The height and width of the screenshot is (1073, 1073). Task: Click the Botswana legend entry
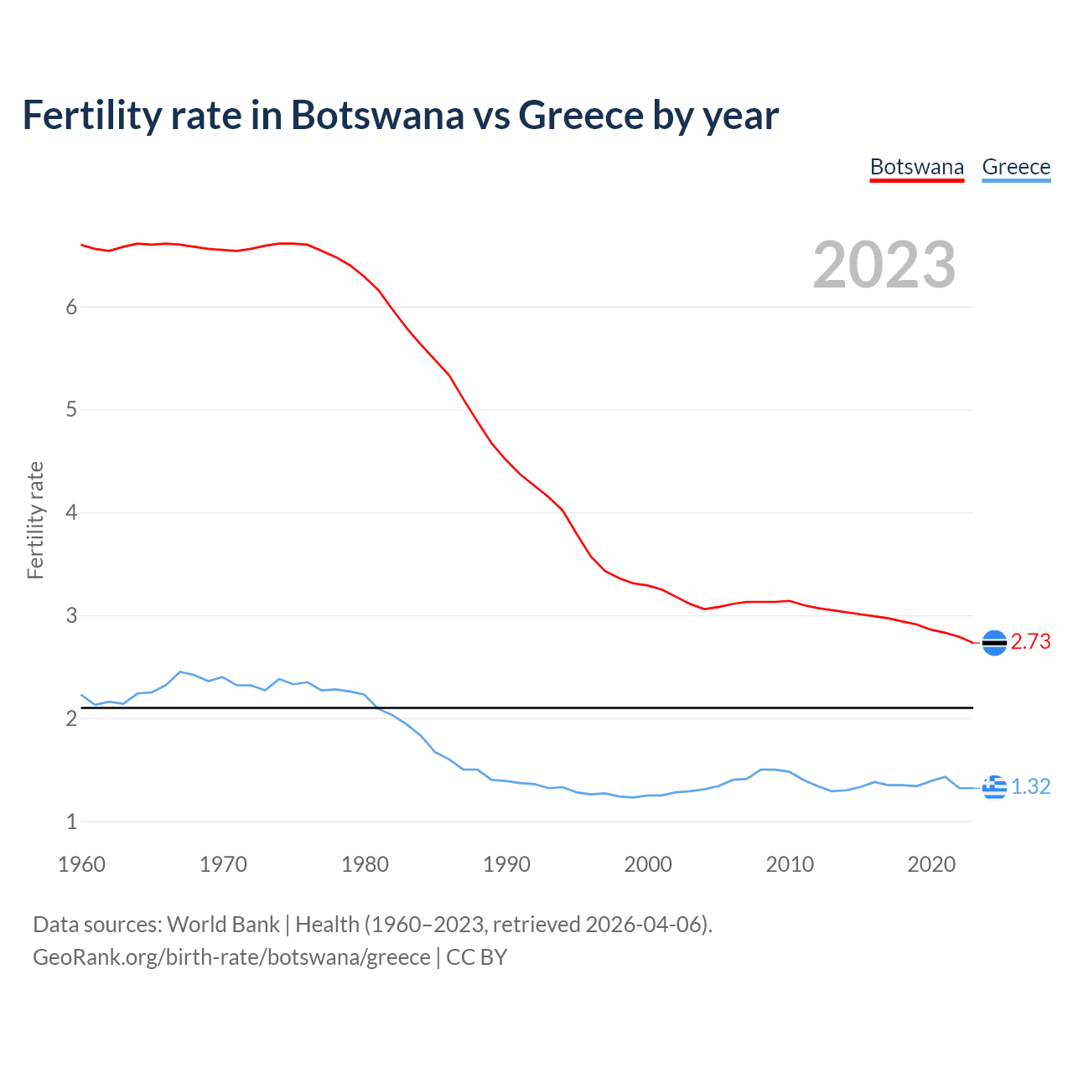click(x=917, y=167)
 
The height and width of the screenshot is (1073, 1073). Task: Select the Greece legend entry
click(x=1016, y=167)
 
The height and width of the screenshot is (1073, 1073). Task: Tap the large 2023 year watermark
click(x=884, y=265)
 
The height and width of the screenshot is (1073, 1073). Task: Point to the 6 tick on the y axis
click(x=71, y=307)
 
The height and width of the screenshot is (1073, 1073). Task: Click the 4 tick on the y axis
click(x=71, y=512)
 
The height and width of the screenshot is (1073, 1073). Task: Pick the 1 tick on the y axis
click(x=71, y=822)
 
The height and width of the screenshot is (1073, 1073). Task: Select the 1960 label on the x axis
click(x=81, y=864)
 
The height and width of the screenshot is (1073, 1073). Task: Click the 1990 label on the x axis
click(x=506, y=864)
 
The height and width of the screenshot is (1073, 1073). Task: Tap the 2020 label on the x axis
click(x=931, y=864)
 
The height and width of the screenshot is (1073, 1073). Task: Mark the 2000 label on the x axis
click(x=648, y=864)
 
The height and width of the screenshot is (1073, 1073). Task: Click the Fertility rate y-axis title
click(x=35, y=520)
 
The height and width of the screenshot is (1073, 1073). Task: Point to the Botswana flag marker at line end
click(x=994, y=642)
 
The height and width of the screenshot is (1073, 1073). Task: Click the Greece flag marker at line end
click(x=994, y=787)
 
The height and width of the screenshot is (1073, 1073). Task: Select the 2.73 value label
click(x=1030, y=642)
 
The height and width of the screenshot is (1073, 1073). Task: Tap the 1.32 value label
click(x=1030, y=787)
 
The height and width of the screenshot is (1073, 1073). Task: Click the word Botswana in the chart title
click(x=377, y=115)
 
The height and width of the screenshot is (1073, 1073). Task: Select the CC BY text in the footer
click(x=476, y=957)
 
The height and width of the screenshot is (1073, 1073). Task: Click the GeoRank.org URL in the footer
click(x=231, y=957)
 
